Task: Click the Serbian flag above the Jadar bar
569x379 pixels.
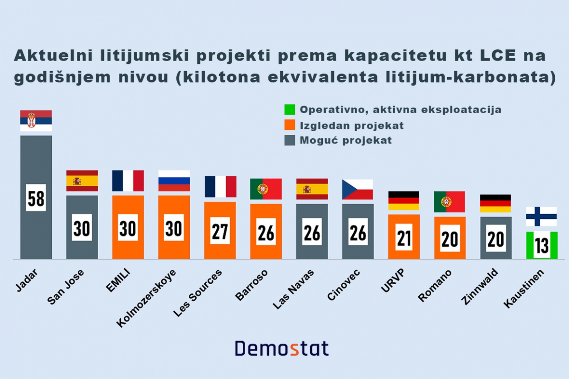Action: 36,121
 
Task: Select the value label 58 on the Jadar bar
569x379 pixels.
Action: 36,198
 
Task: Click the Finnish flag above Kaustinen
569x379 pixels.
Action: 541,217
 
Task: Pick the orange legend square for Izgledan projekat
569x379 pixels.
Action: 290,125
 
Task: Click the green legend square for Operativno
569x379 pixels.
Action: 290,110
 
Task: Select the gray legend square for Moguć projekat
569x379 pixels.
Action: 290,140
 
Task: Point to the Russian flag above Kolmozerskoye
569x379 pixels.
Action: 174,180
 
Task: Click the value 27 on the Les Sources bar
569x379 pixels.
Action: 220,231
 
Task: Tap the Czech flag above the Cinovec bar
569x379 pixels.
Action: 358,189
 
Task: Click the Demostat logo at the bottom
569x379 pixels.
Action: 282,348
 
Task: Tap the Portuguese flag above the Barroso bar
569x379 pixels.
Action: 266,189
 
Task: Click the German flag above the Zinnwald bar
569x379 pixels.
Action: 495,203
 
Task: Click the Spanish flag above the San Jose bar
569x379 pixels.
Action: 82,180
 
